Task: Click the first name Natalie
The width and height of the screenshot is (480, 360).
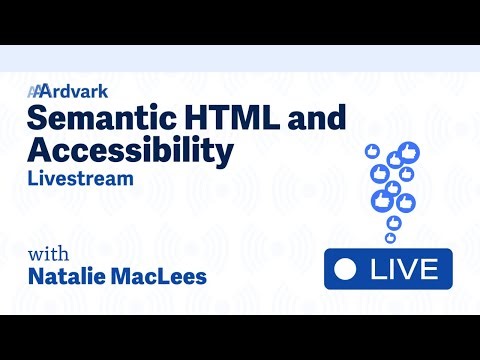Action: [x=72, y=275]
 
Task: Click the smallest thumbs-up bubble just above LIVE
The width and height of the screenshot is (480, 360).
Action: [x=391, y=238]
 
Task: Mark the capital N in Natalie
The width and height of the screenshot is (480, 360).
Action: [x=37, y=275]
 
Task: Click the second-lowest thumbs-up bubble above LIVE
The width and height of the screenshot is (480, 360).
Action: [x=394, y=222]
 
